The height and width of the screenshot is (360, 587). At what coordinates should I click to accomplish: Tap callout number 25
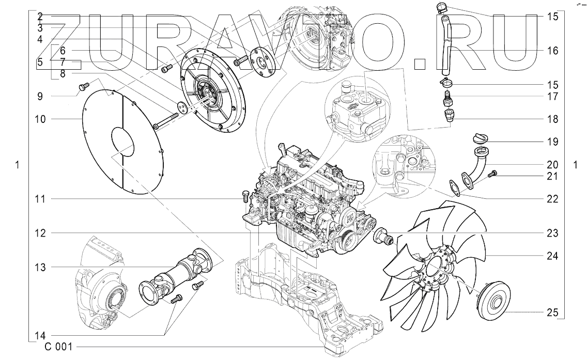click(552, 313)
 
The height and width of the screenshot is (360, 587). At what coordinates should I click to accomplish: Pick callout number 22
click(552, 198)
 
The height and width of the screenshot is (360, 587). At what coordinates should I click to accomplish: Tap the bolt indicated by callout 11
click(245, 197)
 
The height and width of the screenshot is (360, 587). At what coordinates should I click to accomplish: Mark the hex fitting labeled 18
click(448, 114)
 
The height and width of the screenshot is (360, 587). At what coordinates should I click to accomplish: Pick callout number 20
click(552, 165)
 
